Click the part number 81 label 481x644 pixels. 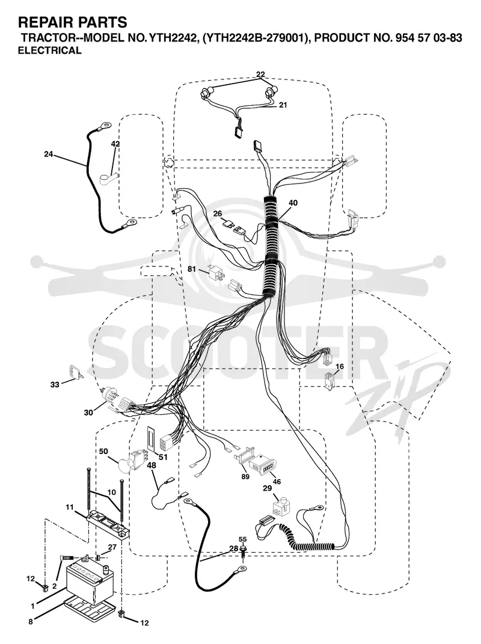tap(192, 269)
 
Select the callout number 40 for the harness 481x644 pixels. tap(293, 203)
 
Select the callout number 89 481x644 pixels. tap(245, 477)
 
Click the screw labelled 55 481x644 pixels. tap(244, 550)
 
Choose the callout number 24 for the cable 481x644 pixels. tap(49, 155)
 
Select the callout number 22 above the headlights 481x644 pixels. tap(260, 75)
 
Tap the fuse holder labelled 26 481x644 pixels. tap(233, 227)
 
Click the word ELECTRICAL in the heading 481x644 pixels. tap(50, 51)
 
